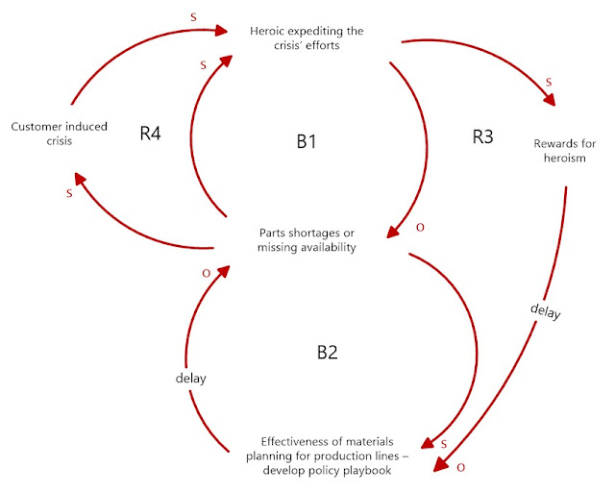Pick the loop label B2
point(327,352)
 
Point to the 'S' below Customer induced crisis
point(69,194)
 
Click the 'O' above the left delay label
point(206,274)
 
